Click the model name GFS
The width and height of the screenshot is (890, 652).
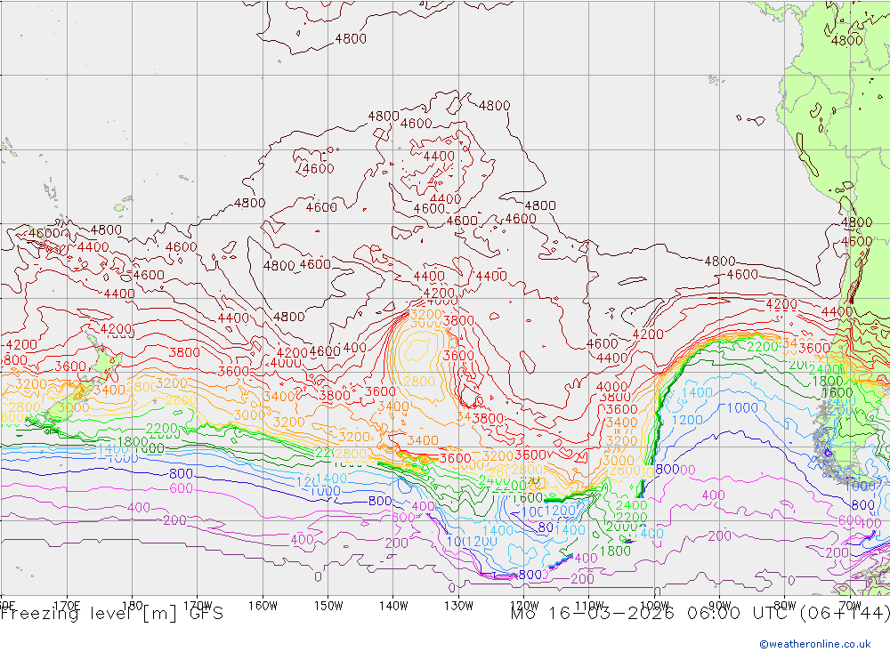point(201,613)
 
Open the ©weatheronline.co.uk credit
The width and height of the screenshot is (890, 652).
point(814,644)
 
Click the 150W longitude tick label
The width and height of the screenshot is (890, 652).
point(328,605)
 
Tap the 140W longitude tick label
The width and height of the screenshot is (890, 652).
point(392,605)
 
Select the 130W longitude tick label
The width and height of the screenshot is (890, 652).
point(458,605)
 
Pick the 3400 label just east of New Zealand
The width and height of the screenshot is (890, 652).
point(109,390)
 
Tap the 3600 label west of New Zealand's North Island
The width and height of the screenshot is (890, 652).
point(69,366)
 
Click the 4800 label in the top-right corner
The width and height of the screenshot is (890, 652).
point(846,40)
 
